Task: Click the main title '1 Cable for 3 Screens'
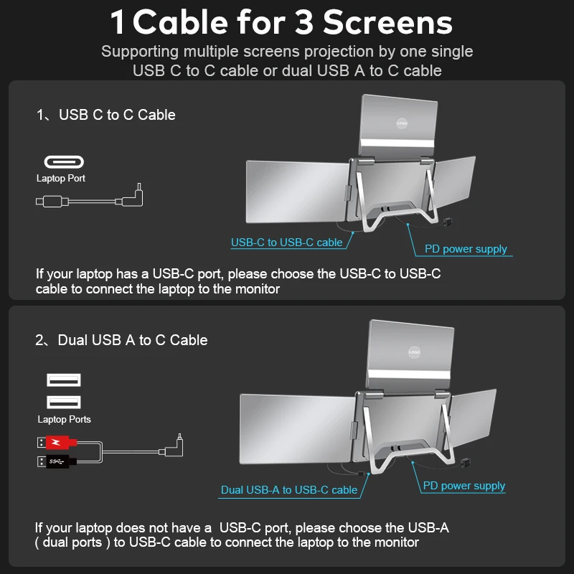(x=281, y=22)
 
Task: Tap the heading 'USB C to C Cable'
(x=117, y=115)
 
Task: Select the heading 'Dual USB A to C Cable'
(x=133, y=340)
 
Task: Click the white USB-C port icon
(x=64, y=161)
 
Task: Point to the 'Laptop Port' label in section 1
(x=61, y=179)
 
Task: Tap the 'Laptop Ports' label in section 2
(x=64, y=419)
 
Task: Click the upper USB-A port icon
(x=64, y=380)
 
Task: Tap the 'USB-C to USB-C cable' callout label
(x=286, y=243)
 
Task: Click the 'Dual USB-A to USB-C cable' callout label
(x=288, y=490)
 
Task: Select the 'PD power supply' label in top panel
(x=465, y=249)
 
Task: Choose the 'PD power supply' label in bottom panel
(x=464, y=486)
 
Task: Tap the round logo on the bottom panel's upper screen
(x=413, y=352)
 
